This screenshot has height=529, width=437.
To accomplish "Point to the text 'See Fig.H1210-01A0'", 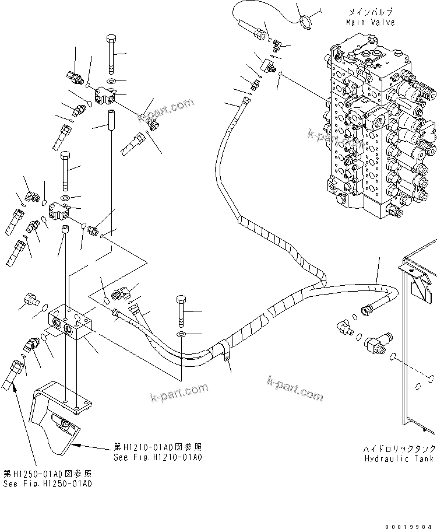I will tap(158, 457).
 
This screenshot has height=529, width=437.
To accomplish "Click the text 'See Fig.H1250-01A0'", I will tap(47, 484).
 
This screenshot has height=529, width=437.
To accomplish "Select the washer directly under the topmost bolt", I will tap(112, 80).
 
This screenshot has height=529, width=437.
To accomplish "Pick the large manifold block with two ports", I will tap(69, 322).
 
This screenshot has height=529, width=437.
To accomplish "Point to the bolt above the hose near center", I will tap(180, 311).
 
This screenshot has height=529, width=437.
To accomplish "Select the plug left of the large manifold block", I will tap(29, 301).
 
